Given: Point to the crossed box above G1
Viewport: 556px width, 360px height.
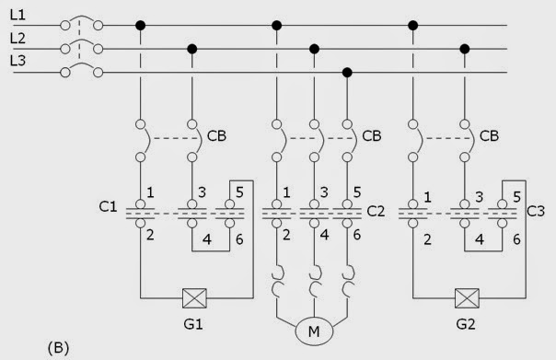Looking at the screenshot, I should point(193,298).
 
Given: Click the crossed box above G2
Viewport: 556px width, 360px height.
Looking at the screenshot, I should point(467,298).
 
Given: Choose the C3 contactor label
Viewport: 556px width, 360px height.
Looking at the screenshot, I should point(537,211).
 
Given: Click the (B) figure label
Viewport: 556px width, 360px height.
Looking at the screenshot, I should point(58,348).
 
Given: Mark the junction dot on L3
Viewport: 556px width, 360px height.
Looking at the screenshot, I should point(346,72).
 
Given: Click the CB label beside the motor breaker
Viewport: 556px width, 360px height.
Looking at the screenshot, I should point(372,136).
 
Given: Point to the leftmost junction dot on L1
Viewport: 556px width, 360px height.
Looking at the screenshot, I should point(139,25).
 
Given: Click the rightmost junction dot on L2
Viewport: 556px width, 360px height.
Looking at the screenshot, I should point(466,48).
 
